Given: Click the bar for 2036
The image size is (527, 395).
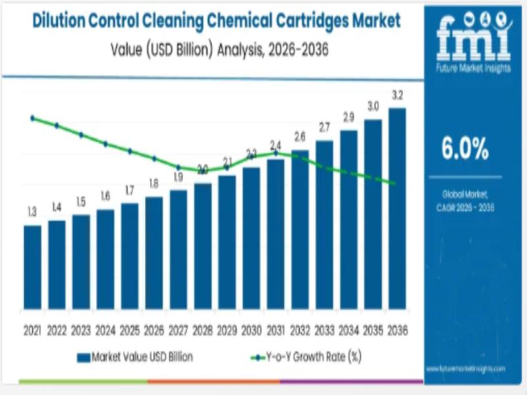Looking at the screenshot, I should click(x=397, y=208).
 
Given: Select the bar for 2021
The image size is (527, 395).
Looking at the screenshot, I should click(x=32, y=267).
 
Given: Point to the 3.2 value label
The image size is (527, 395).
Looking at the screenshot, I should click(x=397, y=96).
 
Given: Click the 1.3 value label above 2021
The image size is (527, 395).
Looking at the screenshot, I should click(x=32, y=212).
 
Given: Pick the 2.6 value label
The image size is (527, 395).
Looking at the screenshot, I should click(x=300, y=138).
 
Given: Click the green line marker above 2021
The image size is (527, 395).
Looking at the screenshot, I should click(x=32, y=118).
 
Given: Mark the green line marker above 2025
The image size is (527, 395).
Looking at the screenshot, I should click(x=130, y=151).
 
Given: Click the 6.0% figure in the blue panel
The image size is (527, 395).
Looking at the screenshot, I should click(x=465, y=150).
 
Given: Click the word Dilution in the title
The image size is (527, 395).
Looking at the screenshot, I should click(x=62, y=21).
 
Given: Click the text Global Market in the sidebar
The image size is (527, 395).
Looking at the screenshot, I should click(x=465, y=196).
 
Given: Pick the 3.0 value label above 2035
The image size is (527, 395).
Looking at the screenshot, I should click(x=373, y=107).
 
